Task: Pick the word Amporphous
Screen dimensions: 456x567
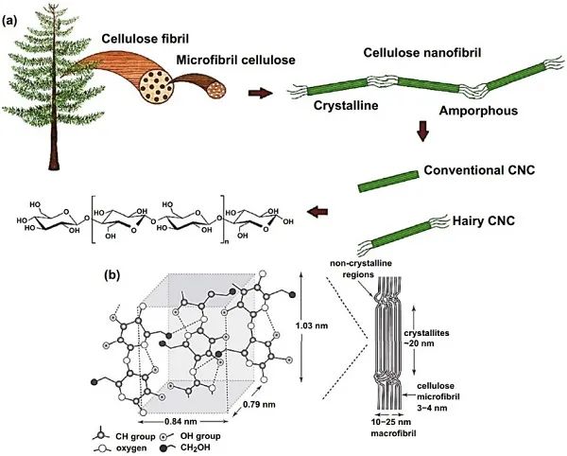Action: [478, 111]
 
